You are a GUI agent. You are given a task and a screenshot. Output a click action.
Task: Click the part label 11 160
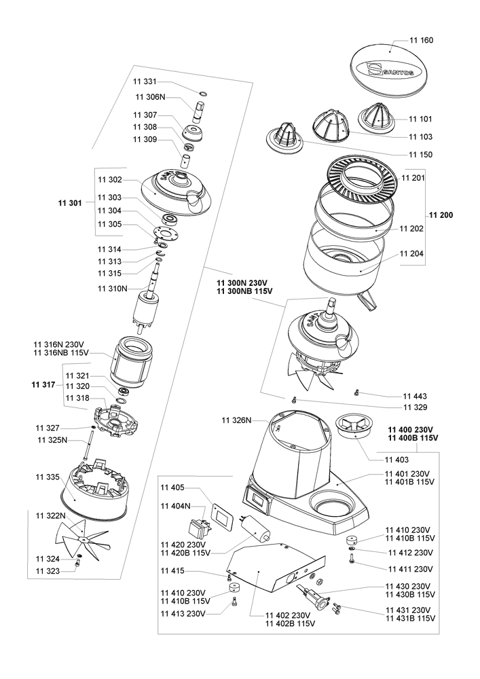[422, 40]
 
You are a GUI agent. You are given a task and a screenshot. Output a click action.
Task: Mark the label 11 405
[172, 488]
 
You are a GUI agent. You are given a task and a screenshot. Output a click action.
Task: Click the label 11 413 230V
[182, 613]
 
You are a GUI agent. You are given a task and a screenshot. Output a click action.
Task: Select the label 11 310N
[112, 289]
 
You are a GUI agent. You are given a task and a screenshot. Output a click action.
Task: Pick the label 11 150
[421, 154]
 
